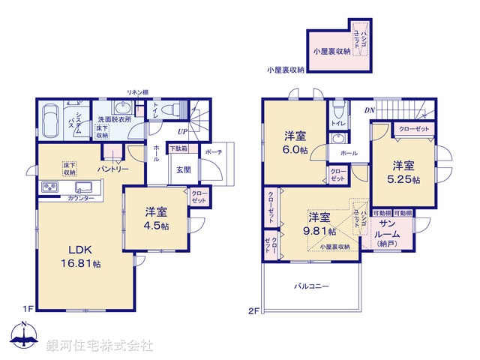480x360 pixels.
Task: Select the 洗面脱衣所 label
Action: (x=114, y=119)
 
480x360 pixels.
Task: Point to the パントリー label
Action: (x=114, y=169)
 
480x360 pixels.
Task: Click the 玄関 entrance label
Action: (x=184, y=170)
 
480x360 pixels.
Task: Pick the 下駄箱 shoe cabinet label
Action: (x=178, y=148)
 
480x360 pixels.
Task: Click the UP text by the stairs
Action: (x=182, y=131)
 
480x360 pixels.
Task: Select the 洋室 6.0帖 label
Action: (x=295, y=143)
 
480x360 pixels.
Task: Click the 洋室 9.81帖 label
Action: (x=319, y=224)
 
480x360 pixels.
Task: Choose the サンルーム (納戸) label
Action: (x=388, y=233)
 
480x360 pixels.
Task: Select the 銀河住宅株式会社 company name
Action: (x=100, y=346)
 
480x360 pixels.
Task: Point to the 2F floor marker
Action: (x=253, y=310)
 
